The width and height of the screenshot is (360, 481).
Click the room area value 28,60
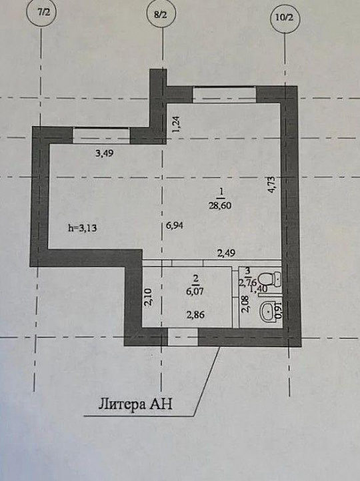(220, 205)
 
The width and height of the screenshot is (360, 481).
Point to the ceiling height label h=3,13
(82, 227)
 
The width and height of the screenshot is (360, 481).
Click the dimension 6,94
(175, 225)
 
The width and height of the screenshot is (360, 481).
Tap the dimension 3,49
(104, 153)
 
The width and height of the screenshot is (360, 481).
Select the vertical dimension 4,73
(272, 184)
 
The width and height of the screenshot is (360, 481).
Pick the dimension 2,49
(226, 253)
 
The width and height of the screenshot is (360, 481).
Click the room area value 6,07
(195, 291)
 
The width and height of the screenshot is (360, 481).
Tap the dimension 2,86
(195, 315)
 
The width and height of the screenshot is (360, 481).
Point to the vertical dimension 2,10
(148, 297)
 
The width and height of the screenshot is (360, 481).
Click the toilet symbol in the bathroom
(269, 279)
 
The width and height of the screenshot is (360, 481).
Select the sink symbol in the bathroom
(268, 312)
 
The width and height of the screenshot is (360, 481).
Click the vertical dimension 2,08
(245, 304)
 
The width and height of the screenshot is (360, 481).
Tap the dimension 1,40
(258, 289)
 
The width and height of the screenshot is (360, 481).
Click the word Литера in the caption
(121, 404)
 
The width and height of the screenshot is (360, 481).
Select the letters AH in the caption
(161, 404)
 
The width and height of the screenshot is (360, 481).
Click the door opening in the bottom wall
(183, 337)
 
